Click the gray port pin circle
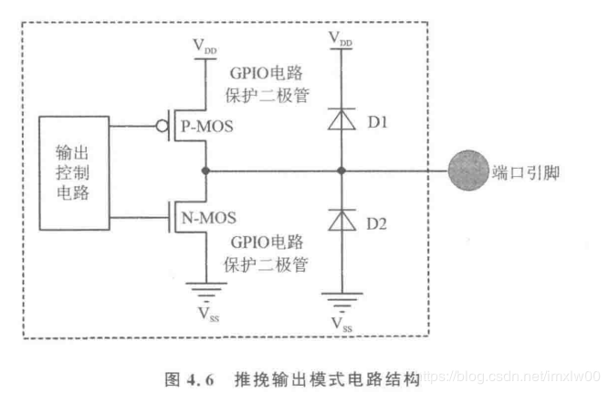point(467,171)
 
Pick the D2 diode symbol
point(341,219)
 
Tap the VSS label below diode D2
point(341,323)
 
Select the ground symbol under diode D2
point(341,297)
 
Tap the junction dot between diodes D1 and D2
point(341,171)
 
